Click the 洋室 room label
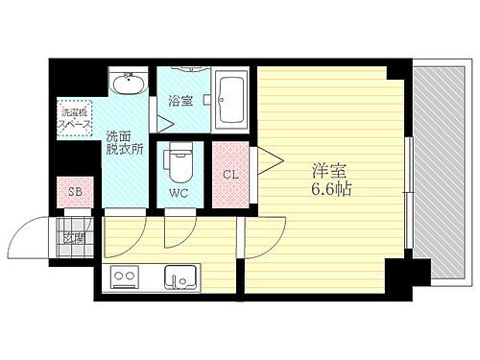coord(328,172)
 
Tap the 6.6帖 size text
coord(329,190)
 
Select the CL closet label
coord(230,174)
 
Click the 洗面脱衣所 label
coord(126,143)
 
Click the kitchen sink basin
coord(180,280)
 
